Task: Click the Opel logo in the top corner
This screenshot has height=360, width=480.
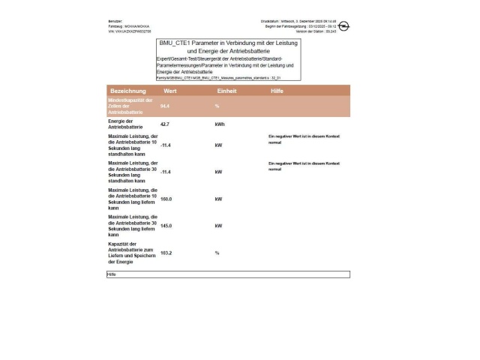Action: [344, 27]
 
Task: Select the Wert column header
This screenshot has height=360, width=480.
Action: [169, 91]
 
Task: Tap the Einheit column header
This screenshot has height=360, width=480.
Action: [227, 91]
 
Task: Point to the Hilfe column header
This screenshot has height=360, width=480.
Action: [277, 91]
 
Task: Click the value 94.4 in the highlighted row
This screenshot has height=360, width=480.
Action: [166, 106]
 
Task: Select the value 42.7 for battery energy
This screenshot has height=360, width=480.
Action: [166, 124]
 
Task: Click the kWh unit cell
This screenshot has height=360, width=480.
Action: [220, 124]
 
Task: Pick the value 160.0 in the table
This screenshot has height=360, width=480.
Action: [166, 199]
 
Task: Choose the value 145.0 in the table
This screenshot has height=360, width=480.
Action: [166, 226]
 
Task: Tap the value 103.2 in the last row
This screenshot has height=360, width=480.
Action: [166, 253]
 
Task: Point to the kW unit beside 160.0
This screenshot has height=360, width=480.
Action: [218, 199]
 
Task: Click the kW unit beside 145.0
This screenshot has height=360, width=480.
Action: [218, 226]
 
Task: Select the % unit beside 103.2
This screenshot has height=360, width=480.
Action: [217, 253]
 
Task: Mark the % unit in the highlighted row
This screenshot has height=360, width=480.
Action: [217, 106]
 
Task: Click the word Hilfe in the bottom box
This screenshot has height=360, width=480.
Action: [112, 274]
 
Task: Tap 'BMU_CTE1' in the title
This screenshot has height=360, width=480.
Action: [178, 43]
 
